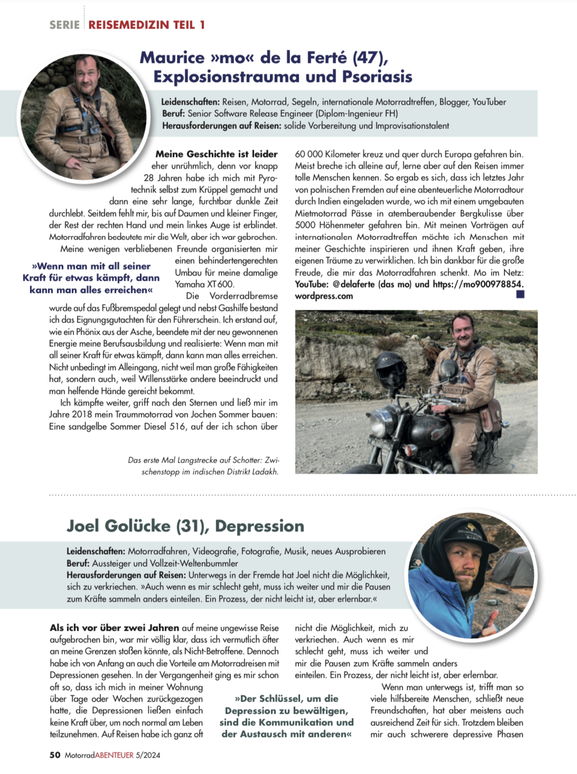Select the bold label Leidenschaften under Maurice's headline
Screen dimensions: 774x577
[190, 102]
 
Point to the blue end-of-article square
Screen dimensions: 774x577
[520, 294]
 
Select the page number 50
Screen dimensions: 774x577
[55, 755]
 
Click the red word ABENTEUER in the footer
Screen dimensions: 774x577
[114, 755]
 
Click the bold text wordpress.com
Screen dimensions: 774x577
[324, 296]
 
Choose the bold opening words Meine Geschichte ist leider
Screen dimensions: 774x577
[216, 154]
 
